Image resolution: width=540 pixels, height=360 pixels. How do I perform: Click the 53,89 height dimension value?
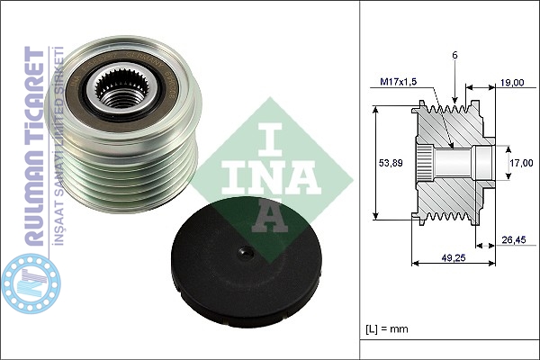point(391,163)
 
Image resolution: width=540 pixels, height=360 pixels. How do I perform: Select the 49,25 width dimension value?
point(454,257)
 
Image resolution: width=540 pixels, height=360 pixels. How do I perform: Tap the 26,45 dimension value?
point(514,239)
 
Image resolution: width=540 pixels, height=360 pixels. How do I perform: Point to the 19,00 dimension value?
point(512,83)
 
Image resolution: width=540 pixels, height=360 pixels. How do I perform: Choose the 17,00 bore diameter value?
point(521,163)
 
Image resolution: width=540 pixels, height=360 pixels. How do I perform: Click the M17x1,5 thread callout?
point(399,82)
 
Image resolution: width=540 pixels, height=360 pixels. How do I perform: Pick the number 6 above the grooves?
point(454,55)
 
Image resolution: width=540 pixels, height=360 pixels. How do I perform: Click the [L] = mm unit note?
point(386,328)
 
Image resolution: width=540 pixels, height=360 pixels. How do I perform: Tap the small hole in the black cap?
point(247,253)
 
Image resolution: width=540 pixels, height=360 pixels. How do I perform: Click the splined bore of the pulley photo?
point(121,90)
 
